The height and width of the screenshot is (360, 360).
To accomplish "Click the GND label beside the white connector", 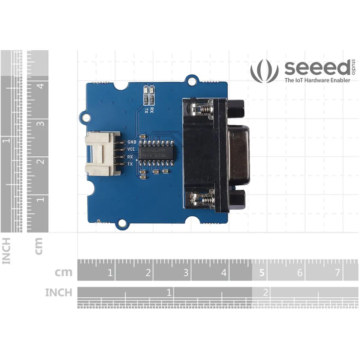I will pyautogui.click(x=132, y=142).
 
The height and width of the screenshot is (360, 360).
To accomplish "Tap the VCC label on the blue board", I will pyautogui.click(x=131, y=149).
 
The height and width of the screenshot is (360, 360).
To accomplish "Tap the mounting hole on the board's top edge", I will pyautogui.click(x=192, y=80).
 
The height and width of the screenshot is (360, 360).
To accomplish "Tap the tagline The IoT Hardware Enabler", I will pyautogui.click(x=317, y=80).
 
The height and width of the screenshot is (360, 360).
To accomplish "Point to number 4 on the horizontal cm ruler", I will pyautogui.click(x=224, y=273).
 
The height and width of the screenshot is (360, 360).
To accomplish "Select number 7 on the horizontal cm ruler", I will pyautogui.click(x=337, y=273).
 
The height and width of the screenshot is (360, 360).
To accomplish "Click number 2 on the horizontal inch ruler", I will pyautogui.click(x=265, y=292).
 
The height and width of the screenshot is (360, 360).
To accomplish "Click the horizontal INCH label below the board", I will pyautogui.click(x=59, y=292).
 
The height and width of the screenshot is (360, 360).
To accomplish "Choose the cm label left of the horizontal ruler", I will pyautogui.click(x=64, y=272).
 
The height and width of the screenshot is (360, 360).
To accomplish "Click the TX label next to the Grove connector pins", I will pyautogui.click(x=130, y=164).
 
